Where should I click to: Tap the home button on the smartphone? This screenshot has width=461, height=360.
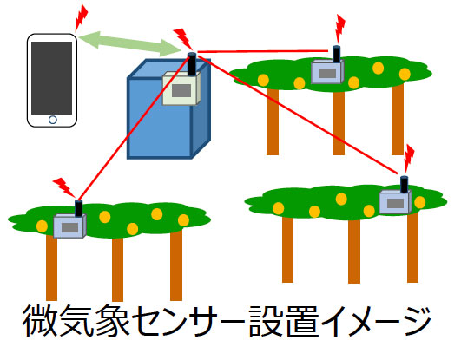click(53, 120)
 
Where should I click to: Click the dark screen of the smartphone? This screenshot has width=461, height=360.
click(52, 78)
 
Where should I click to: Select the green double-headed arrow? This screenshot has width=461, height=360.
click(129, 44)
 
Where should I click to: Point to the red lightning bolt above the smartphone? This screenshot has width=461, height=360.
click(81, 17)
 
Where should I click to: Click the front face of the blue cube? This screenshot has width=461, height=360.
click(160, 118)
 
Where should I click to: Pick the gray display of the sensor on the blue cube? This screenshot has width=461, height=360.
click(181, 91)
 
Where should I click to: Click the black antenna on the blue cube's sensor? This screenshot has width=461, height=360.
click(192, 64)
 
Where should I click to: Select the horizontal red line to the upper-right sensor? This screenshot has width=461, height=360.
click(262, 51)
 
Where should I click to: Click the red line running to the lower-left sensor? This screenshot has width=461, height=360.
click(135, 127)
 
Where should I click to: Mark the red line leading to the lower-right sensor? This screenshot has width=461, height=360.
click(298, 113)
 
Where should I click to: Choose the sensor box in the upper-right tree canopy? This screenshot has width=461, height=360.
click(327, 71)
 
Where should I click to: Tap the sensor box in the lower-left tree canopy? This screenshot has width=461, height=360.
click(69, 226)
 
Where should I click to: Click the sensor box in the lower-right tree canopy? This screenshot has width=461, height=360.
click(395, 201)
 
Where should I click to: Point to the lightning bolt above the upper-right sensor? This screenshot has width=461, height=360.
click(339, 29)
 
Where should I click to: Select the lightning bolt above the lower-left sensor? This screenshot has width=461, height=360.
click(63, 187)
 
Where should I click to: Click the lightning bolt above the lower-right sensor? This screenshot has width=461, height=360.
click(408, 159)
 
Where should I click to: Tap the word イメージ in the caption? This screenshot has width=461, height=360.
click(377, 321)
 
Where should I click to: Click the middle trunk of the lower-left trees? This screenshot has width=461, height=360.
click(117, 269)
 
